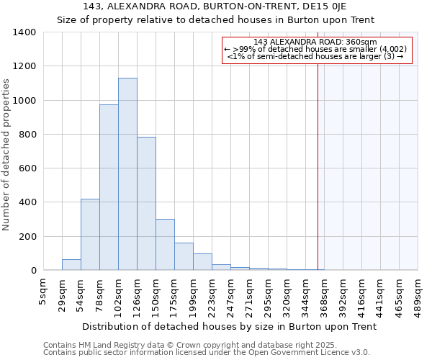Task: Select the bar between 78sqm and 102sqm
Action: click(x=109, y=187)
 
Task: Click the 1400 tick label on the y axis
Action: click(x=24, y=32)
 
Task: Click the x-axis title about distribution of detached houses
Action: click(x=229, y=326)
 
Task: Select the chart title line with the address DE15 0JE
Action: click(x=215, y=6)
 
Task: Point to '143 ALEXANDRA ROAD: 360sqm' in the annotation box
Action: click(x=317, y=42)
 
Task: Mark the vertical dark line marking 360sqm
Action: click(x=318, y=166)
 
